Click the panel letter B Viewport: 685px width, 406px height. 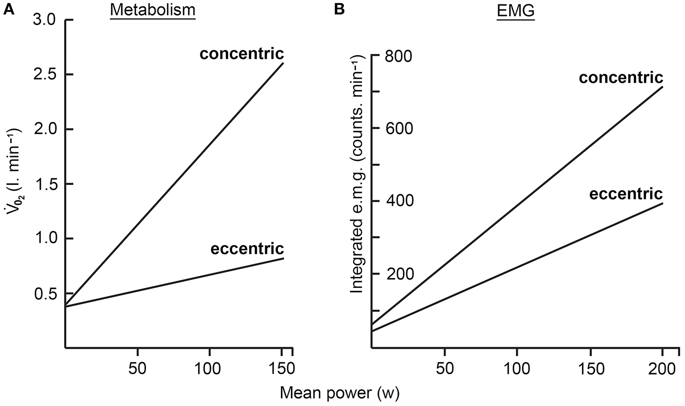340,9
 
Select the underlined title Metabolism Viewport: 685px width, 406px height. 153,10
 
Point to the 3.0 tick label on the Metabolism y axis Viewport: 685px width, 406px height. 45,20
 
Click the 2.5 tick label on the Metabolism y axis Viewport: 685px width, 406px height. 45,75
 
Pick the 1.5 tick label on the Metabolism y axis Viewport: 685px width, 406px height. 45,184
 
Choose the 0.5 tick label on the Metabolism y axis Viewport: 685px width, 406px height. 45,293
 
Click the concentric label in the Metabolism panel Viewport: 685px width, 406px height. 242,53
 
